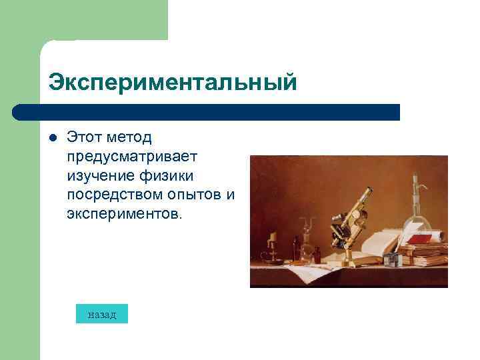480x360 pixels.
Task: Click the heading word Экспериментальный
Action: tap(172, 83)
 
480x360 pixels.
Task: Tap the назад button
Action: tap(101, 315)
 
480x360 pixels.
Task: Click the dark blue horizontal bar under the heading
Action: tap(207, 112)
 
